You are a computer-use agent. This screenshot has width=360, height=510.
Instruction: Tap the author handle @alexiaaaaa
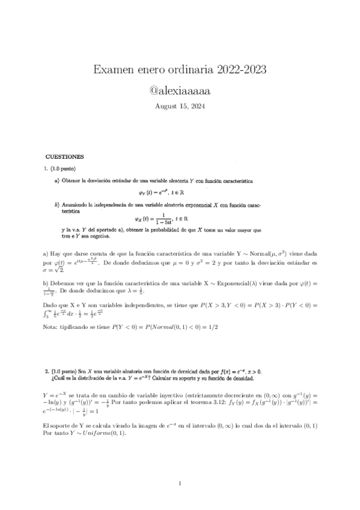tap(180, 91)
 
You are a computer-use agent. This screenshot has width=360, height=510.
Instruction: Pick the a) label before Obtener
tap(57, 180)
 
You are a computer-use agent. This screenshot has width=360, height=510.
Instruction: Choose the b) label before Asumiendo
tap(57, 204)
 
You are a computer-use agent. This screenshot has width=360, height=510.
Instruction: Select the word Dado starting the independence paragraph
tap(50, 306)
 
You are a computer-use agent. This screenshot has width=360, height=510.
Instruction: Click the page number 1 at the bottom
tap(180, 484)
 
